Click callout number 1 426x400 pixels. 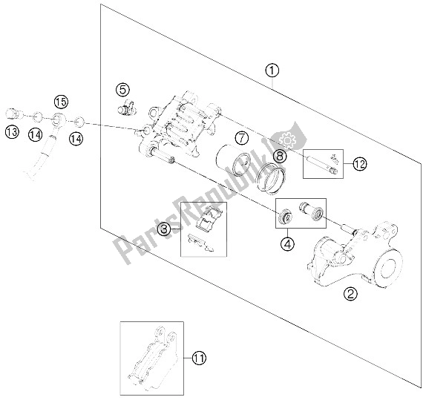point(272,71)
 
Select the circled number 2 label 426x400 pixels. point(350,293)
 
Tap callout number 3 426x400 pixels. point(165,229)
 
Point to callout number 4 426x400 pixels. point(288,243)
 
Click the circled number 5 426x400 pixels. point(122,90)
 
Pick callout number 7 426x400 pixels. point(242,138)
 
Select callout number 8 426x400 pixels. point(280,156)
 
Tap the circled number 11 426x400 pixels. point(199,358)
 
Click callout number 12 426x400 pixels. point(360,164)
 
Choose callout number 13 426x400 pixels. point(12,132)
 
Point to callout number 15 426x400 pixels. point(61,102)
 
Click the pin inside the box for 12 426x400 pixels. point(322,164)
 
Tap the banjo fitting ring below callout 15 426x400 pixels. point(59,119)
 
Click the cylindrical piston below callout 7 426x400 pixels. point(232,160)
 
